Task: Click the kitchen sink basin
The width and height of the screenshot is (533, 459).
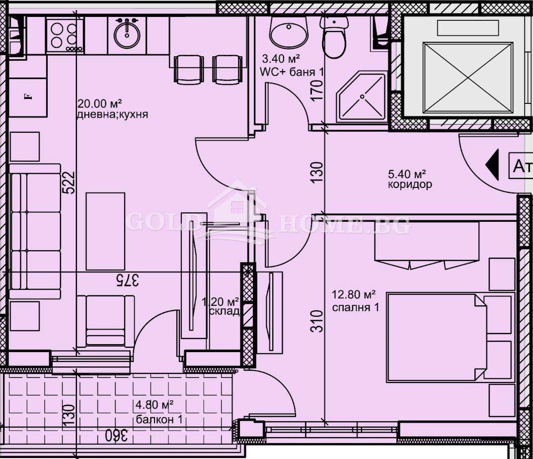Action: pos(127,33)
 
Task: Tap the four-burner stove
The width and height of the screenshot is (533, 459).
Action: pos(65,35)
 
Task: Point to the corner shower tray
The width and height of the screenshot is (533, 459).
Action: pos(362,97)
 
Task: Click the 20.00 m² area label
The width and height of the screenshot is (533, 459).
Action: pos(100,104)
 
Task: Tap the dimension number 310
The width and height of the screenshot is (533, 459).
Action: pos(318,321)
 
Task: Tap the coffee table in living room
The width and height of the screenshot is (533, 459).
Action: pos(105,231)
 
